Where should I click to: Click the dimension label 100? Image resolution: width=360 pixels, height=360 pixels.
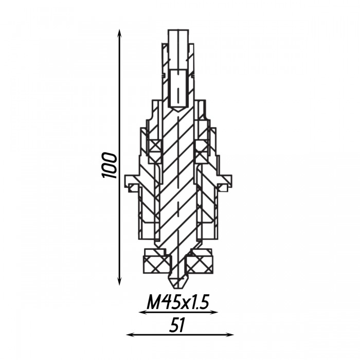tap(109, 165)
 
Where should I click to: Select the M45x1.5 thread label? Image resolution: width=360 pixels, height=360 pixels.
tap(178, 303)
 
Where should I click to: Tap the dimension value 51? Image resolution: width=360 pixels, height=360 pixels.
tap(177, 326)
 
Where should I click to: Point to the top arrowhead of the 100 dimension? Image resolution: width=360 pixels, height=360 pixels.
tap(119, 33)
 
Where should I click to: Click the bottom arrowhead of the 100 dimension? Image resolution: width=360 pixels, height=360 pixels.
tap(119, 281)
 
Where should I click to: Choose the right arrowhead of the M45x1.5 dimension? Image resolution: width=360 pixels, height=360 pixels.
tap(214, 312)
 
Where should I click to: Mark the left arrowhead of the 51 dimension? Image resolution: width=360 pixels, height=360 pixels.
tap(131, 335)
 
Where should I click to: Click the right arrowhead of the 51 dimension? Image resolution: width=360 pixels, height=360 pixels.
tap(229, 335)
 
